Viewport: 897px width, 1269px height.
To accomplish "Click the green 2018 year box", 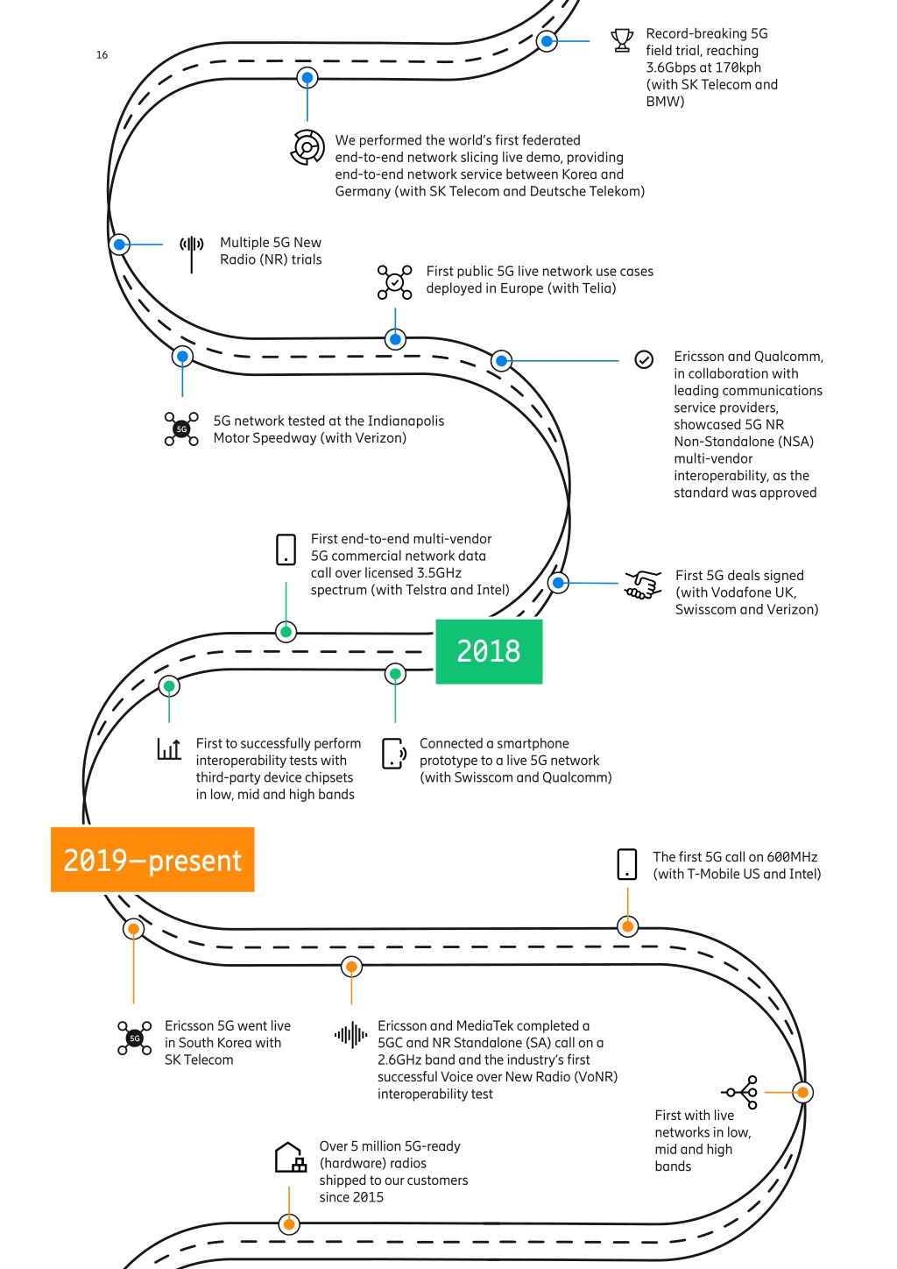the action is [x=489, y=651].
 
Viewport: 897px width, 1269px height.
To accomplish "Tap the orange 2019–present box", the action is [x=152, y=860].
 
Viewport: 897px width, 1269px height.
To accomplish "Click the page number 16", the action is [x=102, y=55].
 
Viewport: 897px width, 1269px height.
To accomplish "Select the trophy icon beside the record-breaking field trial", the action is [x=622, y=40].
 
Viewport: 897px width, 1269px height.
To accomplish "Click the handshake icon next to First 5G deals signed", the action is [x=643, y=585].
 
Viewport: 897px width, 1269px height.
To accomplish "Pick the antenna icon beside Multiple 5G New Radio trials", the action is [x=192, y=254].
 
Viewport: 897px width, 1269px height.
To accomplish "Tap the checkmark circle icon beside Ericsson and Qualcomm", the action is [x=644, y=359].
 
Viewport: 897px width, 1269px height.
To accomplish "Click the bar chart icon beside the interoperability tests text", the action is [x=169, y=749].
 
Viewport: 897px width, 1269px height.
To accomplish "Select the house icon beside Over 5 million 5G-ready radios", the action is [x=291, y=1157].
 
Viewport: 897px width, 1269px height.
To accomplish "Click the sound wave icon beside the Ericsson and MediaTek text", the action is [x=351, y=1035].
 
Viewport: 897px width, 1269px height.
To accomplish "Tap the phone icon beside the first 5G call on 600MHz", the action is [x=627, y=864].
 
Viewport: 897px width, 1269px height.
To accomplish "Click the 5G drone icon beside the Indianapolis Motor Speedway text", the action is [x=181, y=429].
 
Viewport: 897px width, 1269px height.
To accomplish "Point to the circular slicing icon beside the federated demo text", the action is [x=307, y=147].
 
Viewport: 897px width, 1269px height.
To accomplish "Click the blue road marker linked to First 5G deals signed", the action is [x=558, y=583].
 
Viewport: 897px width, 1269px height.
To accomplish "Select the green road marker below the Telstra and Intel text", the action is [x=286, y=632].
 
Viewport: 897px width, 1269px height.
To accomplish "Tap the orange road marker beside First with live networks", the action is [x=802, y=1092].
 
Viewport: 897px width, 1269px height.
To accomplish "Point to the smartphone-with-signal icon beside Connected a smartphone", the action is [x=394, y=754].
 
